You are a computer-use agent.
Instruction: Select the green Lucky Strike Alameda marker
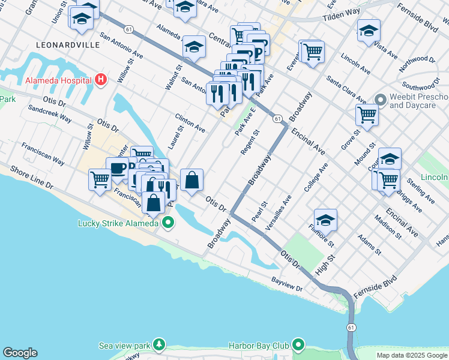(x=169, y=224)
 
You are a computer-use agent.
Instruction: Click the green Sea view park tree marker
(x=159, y=345)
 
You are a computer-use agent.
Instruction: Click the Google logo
(x=20, y=353)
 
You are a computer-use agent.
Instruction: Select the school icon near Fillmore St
(x=325, y=221)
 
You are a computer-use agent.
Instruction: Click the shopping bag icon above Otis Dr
(x=191, y=180)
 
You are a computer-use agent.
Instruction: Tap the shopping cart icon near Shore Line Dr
(x=100, y=179)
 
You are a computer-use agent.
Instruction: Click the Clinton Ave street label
(x=190, y=122)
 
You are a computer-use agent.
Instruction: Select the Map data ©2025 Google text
(x=411, y=355)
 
